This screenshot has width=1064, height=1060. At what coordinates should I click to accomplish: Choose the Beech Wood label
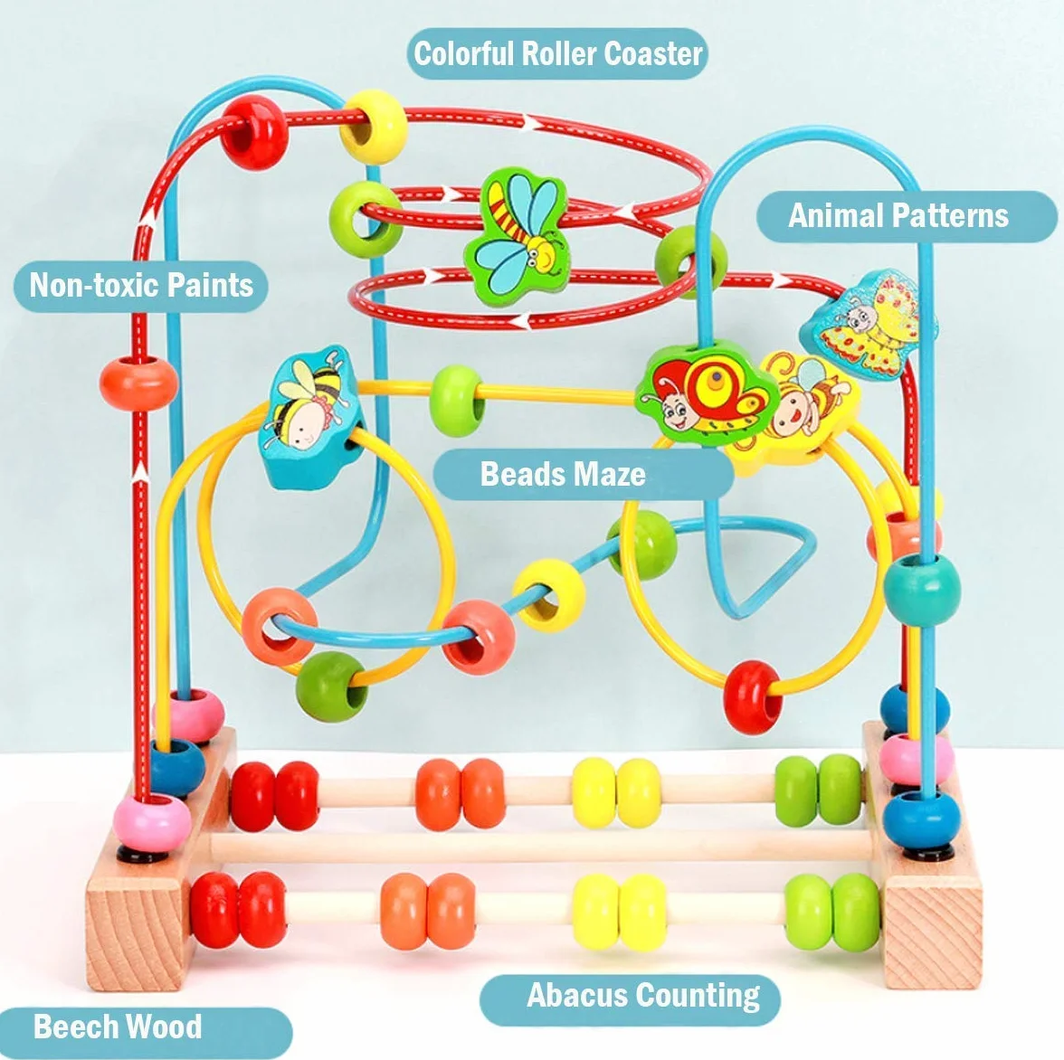click(147, 1027)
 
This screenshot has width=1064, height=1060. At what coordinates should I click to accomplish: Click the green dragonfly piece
click(517, 237)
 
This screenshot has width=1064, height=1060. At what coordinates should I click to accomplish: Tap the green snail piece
click(706, 393)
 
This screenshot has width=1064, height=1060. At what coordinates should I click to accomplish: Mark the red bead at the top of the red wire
click(255, 132)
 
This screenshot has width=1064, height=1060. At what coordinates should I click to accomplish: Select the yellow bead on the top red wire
click(374, 127)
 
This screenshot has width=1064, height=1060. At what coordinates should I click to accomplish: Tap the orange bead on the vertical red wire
click(139, 383)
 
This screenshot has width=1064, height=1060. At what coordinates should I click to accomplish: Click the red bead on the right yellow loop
click(753, 697)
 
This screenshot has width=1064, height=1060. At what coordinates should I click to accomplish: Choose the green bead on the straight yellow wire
click(458, 401)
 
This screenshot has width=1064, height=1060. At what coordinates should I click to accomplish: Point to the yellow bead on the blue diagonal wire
click(549, 595)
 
